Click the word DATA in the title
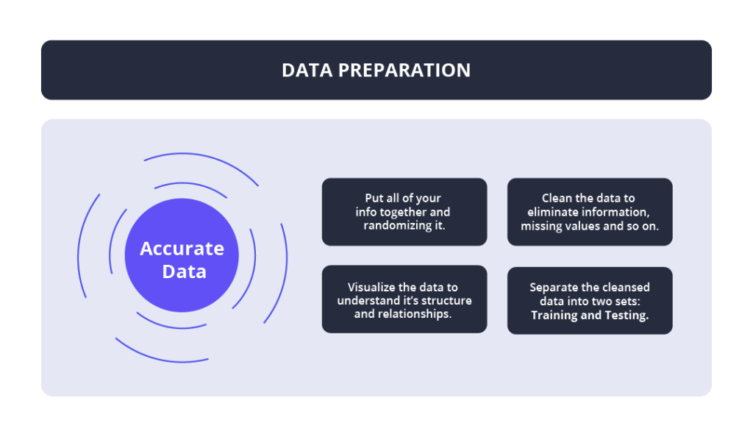coord(307,70)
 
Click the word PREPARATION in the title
coord(404,70)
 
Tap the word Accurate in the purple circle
coord(182,249)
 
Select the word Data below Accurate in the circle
coord(185,271)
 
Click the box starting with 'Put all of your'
coord(404,212)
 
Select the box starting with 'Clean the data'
coord(590,212)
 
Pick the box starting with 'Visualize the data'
coord(404,299)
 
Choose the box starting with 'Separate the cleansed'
coord(590,301)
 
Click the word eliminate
coord(553,212)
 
